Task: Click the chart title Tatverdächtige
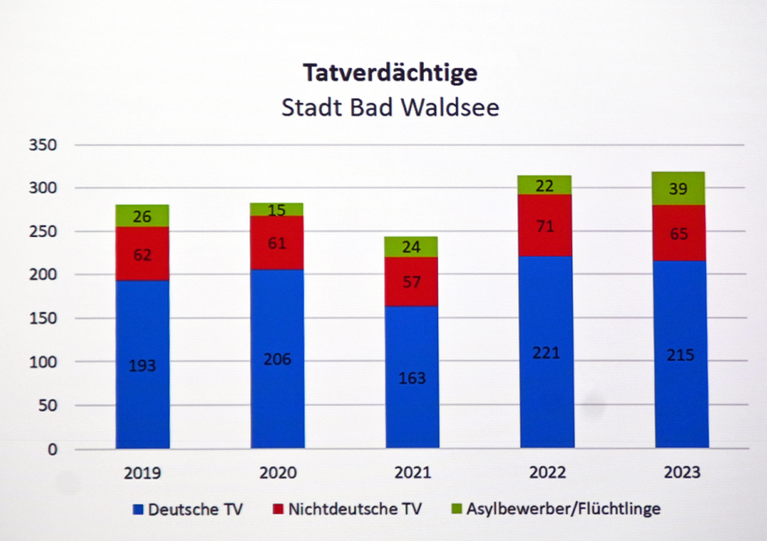click(x=390, y=72)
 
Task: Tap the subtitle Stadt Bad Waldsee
click(x=390, y=108)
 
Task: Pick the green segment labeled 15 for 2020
click(x=277, y=209)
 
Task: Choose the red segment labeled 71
click(x=546, y=225)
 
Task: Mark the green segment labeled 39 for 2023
click(x=680, y=188)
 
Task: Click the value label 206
click(x=277, y=359)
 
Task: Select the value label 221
click(x=546, y=352)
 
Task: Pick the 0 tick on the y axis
click(x=52, y=449)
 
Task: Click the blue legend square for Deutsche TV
click(x=138, y=510)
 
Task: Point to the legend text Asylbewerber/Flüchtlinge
click(x=563, y=510)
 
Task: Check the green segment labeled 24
click(x=412, y=246)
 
